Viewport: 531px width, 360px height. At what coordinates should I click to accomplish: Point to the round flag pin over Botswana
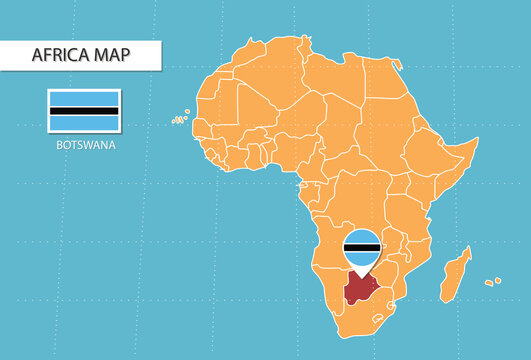(x=362, y=247)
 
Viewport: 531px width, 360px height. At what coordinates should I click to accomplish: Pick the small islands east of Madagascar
(x=493, y=281)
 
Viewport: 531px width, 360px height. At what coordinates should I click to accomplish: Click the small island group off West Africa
(x=180, y=120)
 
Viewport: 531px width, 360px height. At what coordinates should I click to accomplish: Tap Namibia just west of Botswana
(x=325, y=285)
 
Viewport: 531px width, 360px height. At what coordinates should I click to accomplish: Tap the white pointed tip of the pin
(x=362, y=271)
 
